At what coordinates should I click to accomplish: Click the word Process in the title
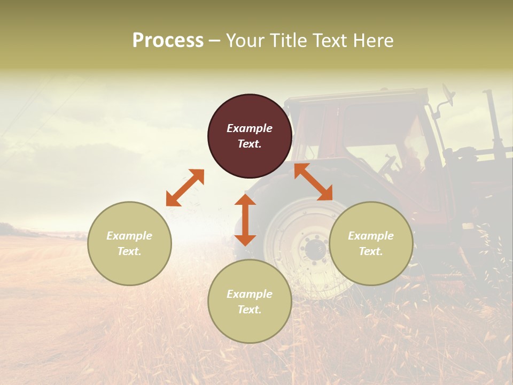168,41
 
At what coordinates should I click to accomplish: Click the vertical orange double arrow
245,220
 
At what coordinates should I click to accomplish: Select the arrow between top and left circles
185,188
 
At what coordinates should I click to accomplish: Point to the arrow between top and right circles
313,182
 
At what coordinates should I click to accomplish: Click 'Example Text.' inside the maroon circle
250,136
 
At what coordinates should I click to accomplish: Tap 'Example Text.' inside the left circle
129,243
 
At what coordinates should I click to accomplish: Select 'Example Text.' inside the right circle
371,243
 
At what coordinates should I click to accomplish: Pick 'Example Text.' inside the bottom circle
250,302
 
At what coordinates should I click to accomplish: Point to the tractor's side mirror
447,95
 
